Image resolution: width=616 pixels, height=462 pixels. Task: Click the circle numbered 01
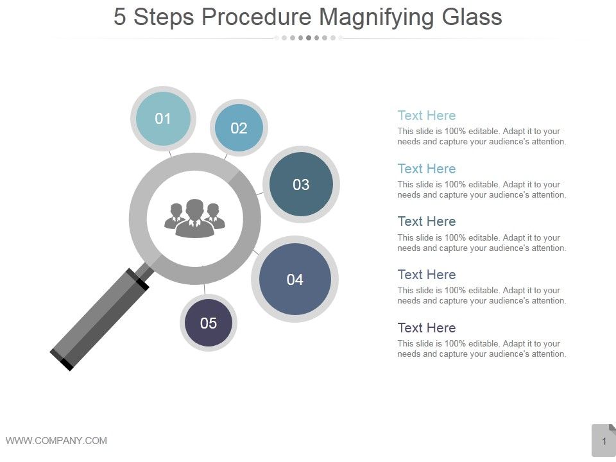click(x=163, y=119)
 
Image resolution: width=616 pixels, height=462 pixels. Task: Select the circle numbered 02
click(x=239, y=128)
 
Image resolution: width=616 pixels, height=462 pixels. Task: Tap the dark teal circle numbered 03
click(x=301, y=185)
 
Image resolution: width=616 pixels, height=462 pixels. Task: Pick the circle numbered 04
click(x=295, y=279)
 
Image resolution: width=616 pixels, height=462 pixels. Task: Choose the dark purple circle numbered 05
click(x=209, y=323)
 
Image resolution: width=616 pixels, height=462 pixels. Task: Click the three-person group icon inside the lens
click(x=194, y=218)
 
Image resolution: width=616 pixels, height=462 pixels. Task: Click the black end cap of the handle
click(x=62, y=360)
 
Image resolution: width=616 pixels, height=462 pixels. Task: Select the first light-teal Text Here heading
click(x=426, y=116)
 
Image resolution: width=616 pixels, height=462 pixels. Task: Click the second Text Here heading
click(x=426, y=169)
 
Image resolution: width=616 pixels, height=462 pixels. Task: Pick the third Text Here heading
click(x=426, y=221)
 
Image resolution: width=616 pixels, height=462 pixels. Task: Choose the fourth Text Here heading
click(x=426, y=275)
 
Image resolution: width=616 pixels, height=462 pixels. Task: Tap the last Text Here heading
click(x=426, y=328)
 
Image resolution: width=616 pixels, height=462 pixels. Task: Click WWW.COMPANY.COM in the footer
click(x=56, y=440)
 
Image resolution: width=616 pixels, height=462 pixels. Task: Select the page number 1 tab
click(x=604, y=441)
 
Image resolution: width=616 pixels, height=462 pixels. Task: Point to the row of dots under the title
click(x=309, y=38)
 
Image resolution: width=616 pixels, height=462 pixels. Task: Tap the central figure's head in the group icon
click(x=194, y=209)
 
